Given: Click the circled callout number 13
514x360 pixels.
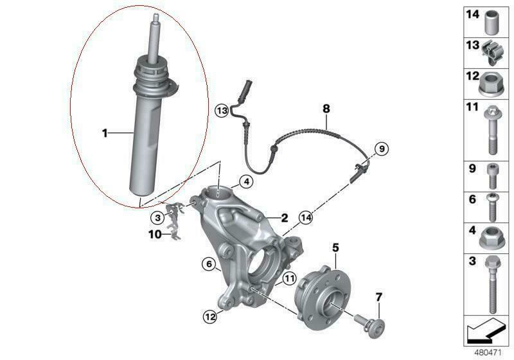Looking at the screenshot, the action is pyautogui.click(x=222, y=111).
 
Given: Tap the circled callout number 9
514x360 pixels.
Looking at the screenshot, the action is pyautogui.click(x=381, y=149).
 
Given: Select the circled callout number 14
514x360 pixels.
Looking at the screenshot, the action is pyautogui.click(x=306, y=217).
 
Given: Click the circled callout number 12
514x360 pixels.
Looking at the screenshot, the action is pyautogui.click(x=210, y=317).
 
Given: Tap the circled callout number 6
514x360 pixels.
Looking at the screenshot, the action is pyautogui.click(x=209, y=264).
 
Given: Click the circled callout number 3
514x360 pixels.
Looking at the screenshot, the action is pyautogui.click(x=157, y=217).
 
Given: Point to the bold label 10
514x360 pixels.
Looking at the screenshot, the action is pyautogui.click(x=155, y=235).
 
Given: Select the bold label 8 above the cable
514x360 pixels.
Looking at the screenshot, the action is pyautogui.click(x=326, y=109).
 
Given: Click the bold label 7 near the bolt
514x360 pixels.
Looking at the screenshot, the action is pyautogui.click(x=378, y=298).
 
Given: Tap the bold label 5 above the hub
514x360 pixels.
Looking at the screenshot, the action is pyautogui.click(x=335, y=248).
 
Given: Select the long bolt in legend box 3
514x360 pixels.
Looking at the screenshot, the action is pyautogui.click(x=491, y=285).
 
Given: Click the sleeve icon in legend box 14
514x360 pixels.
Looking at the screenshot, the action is pyautogui.click(x=491, y=22).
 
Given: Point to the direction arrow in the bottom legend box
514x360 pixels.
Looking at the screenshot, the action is pyautogui.click(x=484, y=329).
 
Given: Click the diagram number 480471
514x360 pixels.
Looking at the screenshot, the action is pyautogui.click(x=488, y=353).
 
